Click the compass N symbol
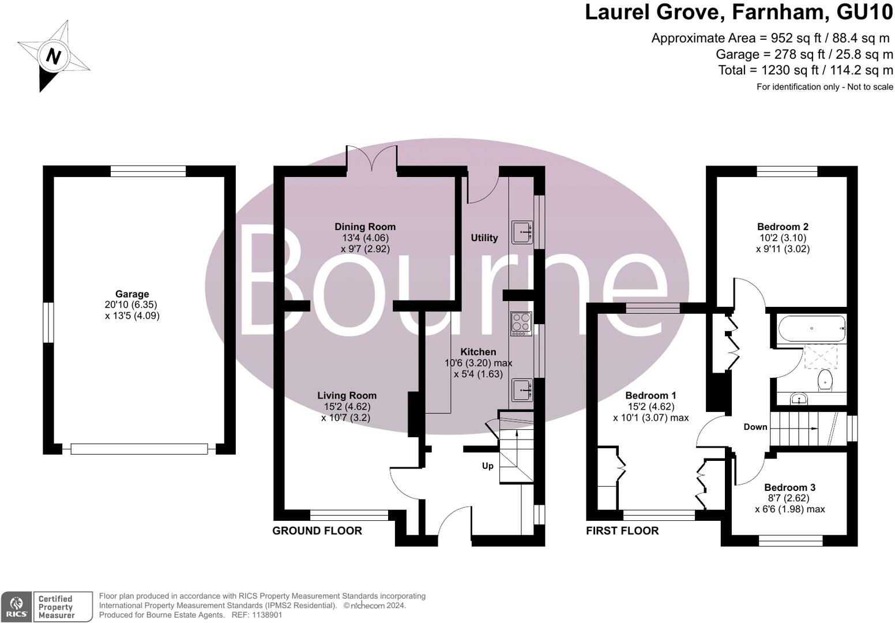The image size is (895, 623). pyautogui.click(x=53, y=57)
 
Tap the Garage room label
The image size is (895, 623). pyautogui.click(x=132, y=294)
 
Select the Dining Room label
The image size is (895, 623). pyautogui.click(x=365, y=227)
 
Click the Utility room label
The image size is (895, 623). pyautogui.click(x=484, y=238)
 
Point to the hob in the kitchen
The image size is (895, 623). pyautogui.click(x=521, y=324)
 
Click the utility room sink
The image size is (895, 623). pyautogui.click(x=521, y=232)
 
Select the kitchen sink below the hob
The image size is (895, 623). pyautogui.click(x=521, y=390)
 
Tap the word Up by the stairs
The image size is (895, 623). pyautogui.click(x=488, y=466)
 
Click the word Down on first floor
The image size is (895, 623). pyautogui.click(x=755, y=427)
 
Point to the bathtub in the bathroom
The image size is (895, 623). pyautogui.click(x=811, y=329)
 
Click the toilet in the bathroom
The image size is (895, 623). pyautogui.click(x=825, y=381)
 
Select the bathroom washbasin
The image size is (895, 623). pyautogui.click(x=799, y=398)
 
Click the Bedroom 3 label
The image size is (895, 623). pyautogui.click(x=789, y=487)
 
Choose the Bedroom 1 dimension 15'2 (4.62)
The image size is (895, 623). pyautogui.click(x=650, y=407)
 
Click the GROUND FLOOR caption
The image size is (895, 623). pyautogui.click(x=317, y=531)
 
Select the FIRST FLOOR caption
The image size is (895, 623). pyautogui.click(x=622, y=531)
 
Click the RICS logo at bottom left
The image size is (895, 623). pyautogui.click(x=16, y=607)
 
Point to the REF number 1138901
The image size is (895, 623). pyautogui.click(x=265, y=615)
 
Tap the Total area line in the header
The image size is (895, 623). pyautogui.click(x=805, y=70)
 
